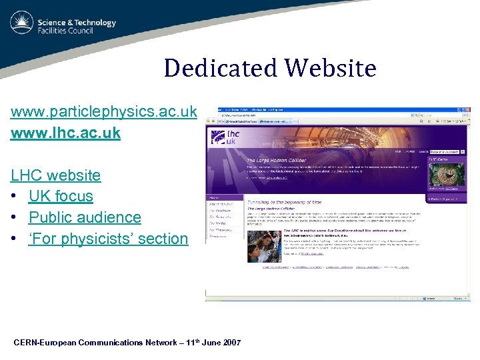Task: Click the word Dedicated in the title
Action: (220, 69)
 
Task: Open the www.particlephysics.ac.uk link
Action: (103, 111)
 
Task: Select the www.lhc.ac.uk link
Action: (65, 133)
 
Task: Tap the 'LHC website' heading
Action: (55, 175)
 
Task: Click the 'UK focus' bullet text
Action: (61, 196)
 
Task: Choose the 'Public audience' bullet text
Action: (85, 217)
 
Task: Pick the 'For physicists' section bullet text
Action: (108, 239)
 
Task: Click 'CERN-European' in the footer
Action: (45, 343)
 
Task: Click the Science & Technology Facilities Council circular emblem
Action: (22, 23)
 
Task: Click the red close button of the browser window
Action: (467, 111)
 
